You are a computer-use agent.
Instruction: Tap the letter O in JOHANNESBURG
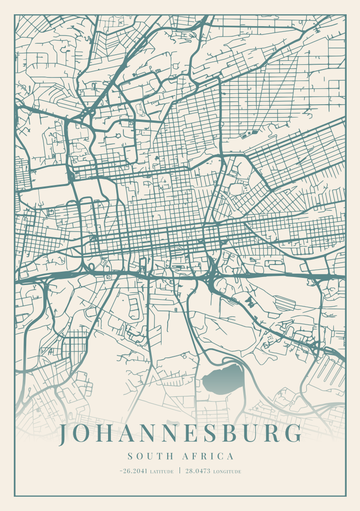pyautogui.click(x=82, y=434)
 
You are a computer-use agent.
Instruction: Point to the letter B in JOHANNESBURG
pyautogui.click(x=233, y=434)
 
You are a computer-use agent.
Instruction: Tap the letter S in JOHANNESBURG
pyautogui.click(x=213, y=434)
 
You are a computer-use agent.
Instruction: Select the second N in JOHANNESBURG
pyautogui.click(x=172, y=434)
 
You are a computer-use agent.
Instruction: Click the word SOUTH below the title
pyautogui.click(x=150, y=457)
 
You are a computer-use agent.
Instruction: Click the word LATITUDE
pyautogui.click(x=161, y=472)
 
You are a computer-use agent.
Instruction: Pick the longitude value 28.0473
pyautogui.click(x=198, y=472)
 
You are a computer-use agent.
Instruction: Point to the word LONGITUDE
pyautogui.click(x=227, y=472)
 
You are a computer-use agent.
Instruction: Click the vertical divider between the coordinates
pyautogui.click(x=180, y=471)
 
